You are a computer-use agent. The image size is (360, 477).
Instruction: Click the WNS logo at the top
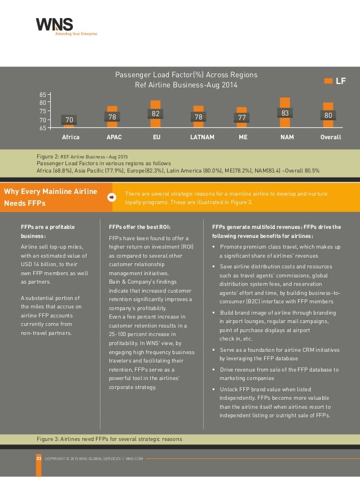[x=67, y=26]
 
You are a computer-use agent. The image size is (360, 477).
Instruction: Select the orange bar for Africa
[x=69, y=126]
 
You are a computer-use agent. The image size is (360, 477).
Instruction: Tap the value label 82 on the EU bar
[x=155, y=113]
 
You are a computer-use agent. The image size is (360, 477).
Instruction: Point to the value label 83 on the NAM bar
[x=285, y=113]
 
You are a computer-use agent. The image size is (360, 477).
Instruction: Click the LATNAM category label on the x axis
[x=202, y=137]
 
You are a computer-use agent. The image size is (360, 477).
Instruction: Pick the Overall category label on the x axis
[x=331, y=137]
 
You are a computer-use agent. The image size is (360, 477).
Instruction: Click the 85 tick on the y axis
[x=43, y=95]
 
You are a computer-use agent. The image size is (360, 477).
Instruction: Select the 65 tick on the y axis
[x=43, y=128]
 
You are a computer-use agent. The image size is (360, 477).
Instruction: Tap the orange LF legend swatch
[x=328, y=81]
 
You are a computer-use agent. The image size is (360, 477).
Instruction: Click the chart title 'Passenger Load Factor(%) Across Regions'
[x=186, y=75]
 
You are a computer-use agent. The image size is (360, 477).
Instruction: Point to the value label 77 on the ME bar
[x=242, y=117]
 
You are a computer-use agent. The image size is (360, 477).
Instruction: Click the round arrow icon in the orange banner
[x=112, y=197]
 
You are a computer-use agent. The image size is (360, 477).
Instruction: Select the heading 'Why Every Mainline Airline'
[x=51, y=191]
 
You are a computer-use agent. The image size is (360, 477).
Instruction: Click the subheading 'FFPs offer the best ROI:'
[x=140, y=227]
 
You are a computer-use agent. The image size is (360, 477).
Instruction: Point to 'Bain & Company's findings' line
[x=143, y=282]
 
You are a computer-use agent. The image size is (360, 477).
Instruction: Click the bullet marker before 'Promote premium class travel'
[x=214, y=246]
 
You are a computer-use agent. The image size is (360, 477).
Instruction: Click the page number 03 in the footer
[x=39, y=458]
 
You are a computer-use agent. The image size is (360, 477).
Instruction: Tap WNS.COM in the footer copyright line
[x=134, y=459]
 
